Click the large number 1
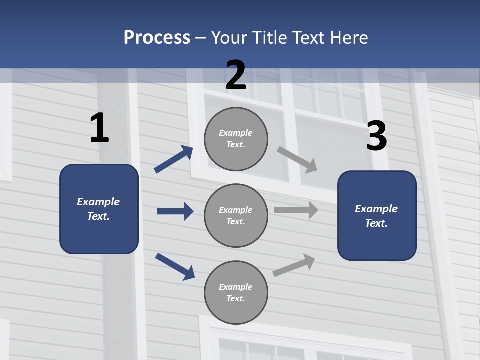click(x=99, y=128)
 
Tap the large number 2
click(x=236, y=75)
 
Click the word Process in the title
click(x=157, y=37)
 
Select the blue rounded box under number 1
click(x=99, y=209)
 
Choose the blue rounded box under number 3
click(x=377, y=215)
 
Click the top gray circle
click(x=236, y=139)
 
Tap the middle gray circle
click(x=236, y=215)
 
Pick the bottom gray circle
click(x=236, y=292)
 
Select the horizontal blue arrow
click(x=175, y=211)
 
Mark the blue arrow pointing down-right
click(x=175, y=266)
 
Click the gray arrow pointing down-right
click(x=297, y=159)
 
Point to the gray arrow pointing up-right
click(x=294, y=265)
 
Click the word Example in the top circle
click(x=235, y=133)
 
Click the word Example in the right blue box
click(x=376, y=209)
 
